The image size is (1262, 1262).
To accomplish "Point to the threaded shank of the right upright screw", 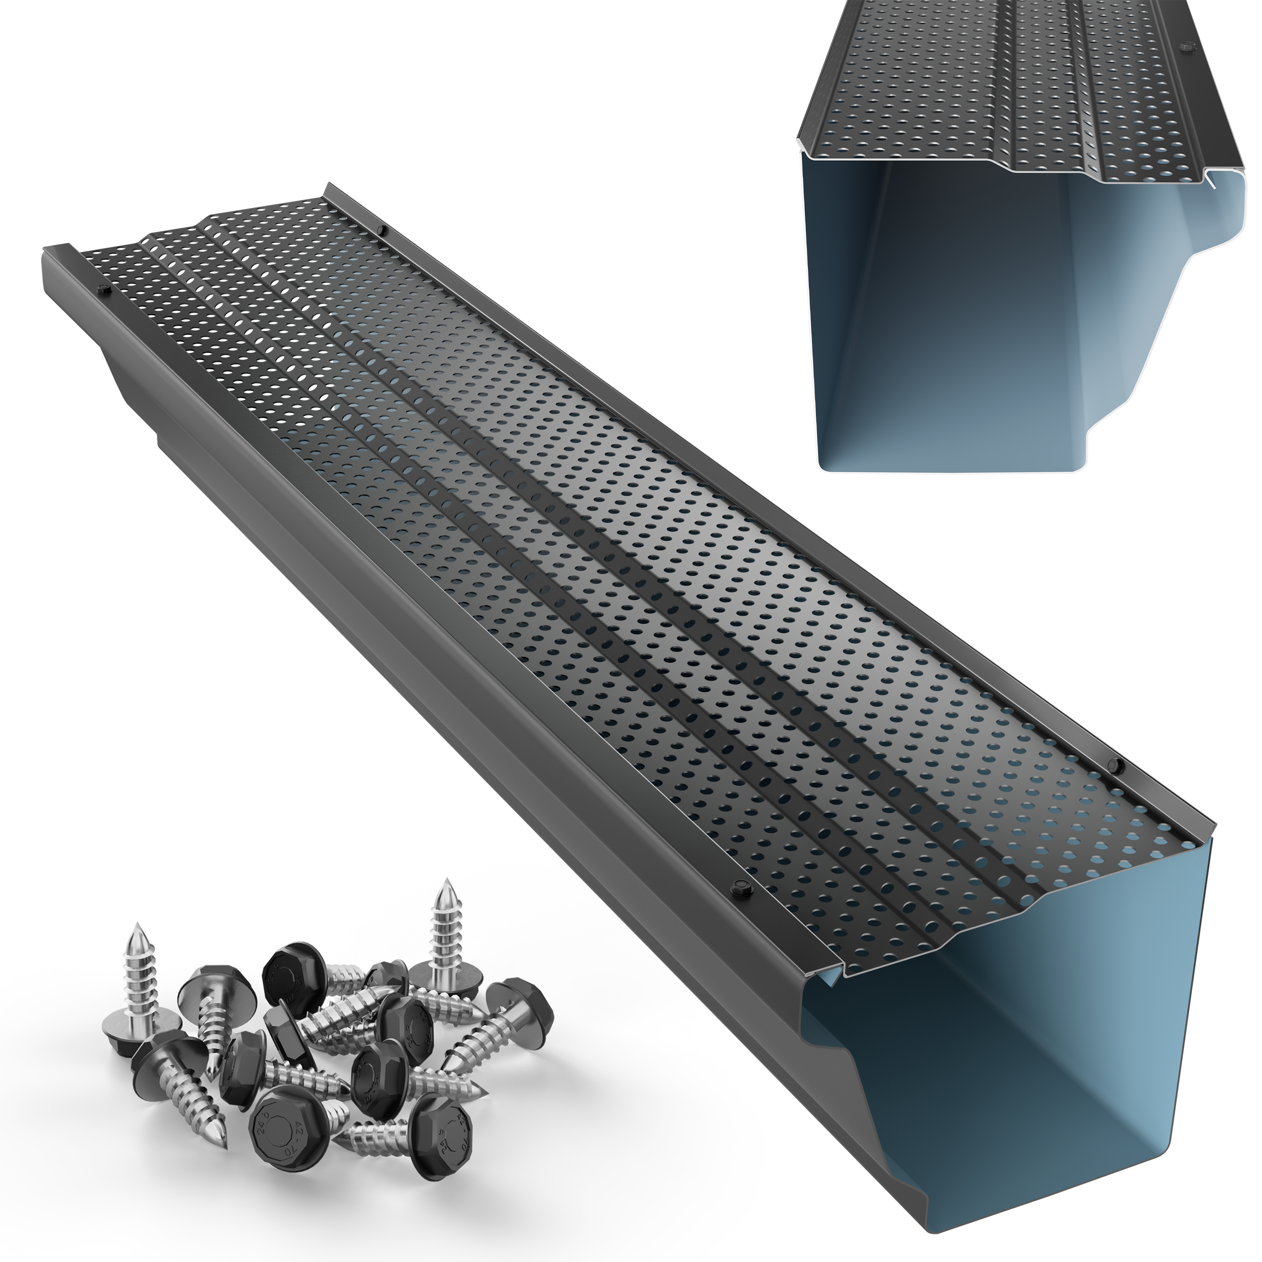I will coord(447,928).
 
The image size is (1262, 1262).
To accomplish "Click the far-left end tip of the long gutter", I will coord(46,249).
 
